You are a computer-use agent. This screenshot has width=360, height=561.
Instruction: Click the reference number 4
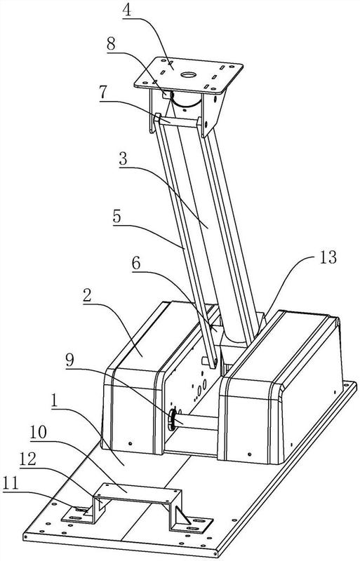coord(127,11)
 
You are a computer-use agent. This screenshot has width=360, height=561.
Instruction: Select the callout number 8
coord(111,44)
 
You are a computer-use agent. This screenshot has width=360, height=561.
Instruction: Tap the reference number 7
coord(104,93)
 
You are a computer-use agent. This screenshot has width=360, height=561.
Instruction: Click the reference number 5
coord(117,217)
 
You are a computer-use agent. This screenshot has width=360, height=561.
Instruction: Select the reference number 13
coord(327,257)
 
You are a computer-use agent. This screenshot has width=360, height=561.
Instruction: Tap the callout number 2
coord(88,296)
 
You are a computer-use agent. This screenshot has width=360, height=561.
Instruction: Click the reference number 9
coord(69,360)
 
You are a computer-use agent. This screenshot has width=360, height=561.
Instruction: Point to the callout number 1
coord(55,401)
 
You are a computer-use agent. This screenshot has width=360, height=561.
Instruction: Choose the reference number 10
coord(39,432)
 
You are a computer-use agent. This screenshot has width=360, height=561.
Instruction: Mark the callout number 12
coord(27,459)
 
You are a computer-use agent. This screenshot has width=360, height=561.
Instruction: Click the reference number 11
coord(11,484)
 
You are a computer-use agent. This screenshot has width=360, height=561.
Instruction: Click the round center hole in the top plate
coord(188,75)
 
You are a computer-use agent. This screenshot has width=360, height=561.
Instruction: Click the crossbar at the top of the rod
coord(178,122)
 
